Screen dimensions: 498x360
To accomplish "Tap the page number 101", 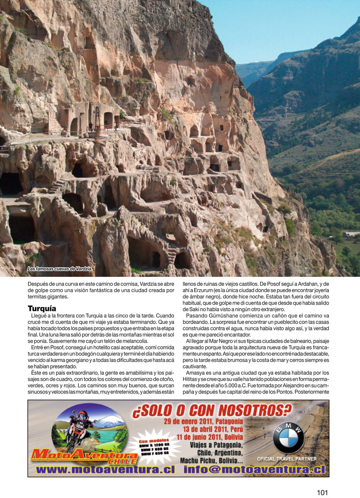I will [323, 493].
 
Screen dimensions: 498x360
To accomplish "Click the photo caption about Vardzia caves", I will [59, 269].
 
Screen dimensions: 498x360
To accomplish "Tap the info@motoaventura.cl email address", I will [253, 469].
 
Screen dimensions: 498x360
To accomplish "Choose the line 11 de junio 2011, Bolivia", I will [210, 437].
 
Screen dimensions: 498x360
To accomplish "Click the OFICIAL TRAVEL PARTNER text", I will [287, 459].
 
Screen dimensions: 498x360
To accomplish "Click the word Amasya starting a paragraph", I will [196, 372].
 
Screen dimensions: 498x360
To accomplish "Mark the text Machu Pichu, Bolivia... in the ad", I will [212, 460].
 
